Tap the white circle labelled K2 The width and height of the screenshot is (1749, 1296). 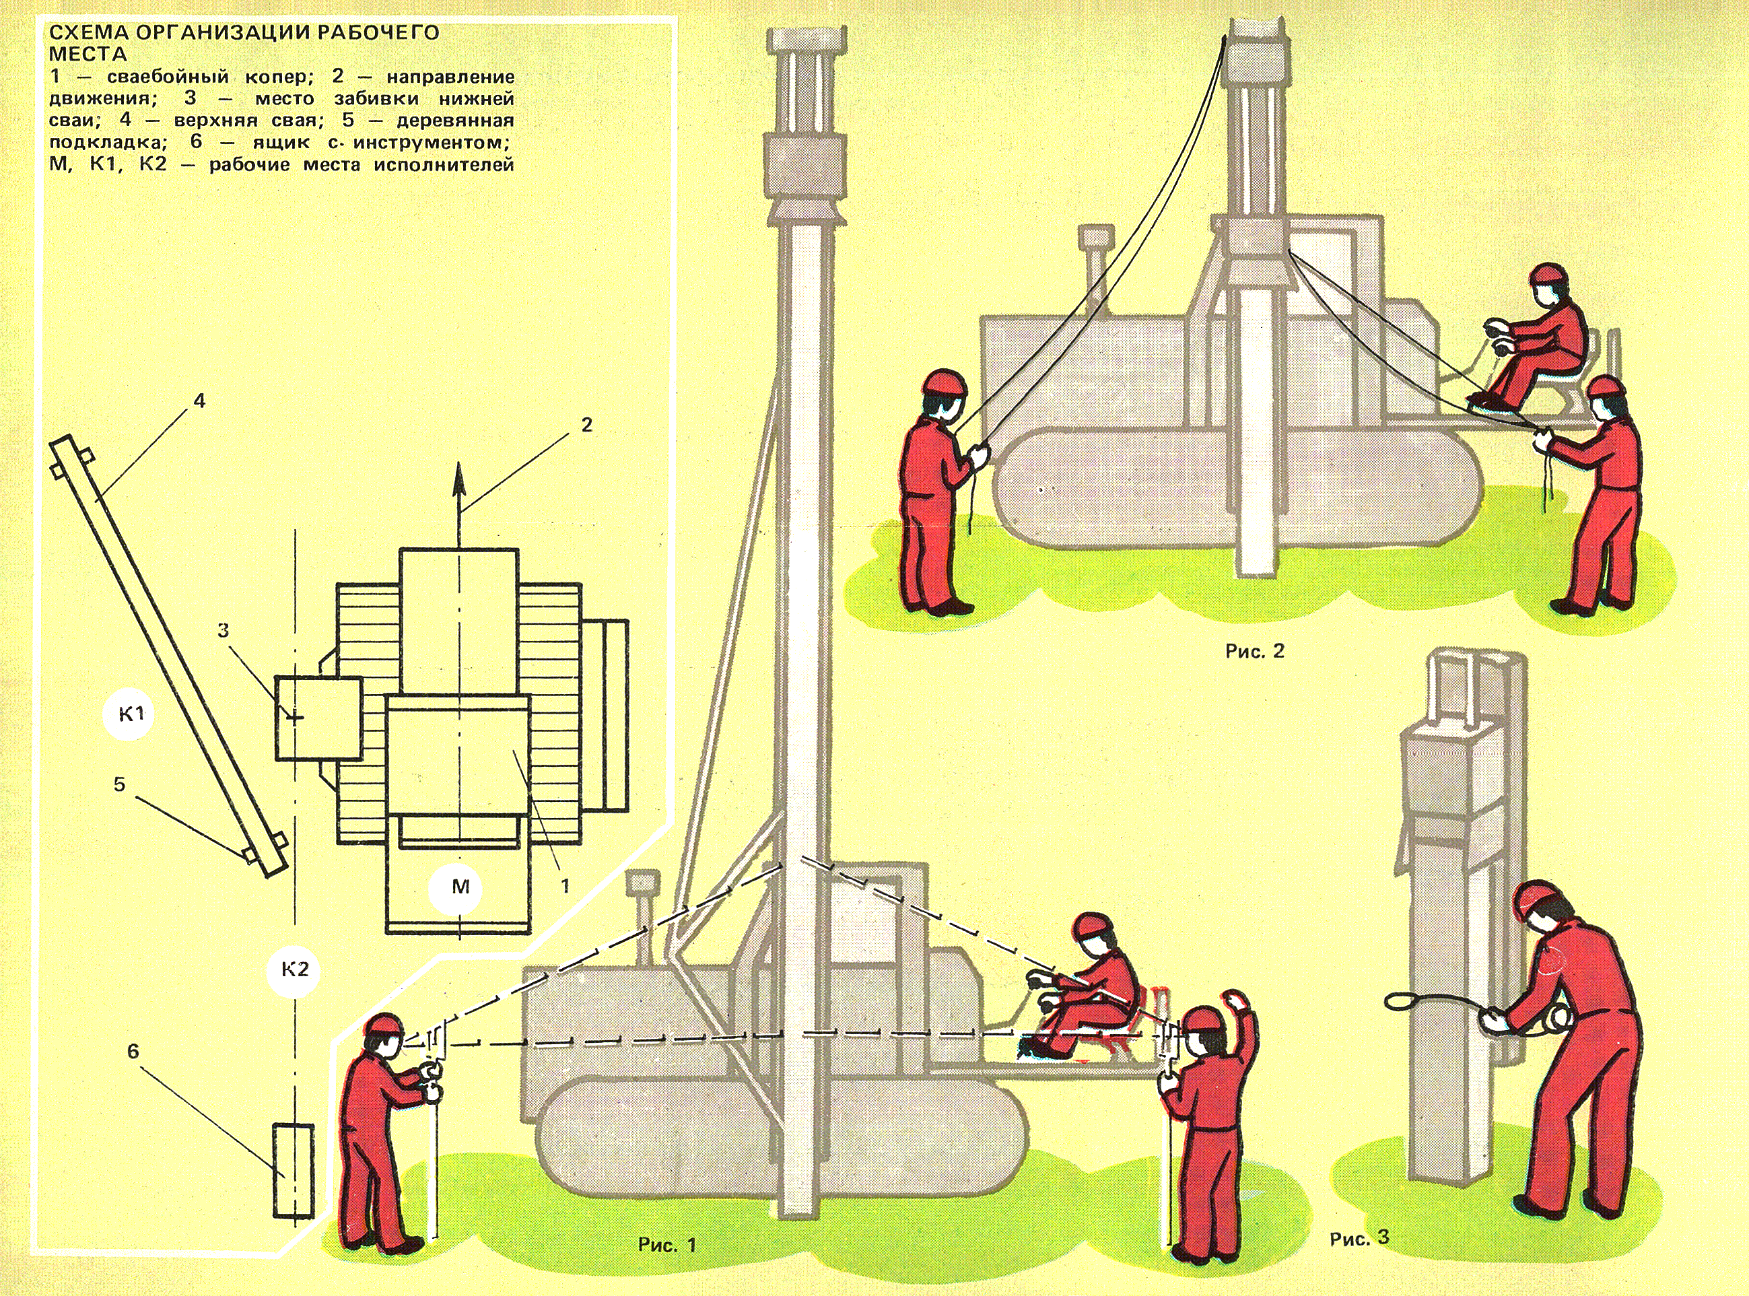pos(295,969)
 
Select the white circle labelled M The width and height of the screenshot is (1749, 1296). pos(460,887)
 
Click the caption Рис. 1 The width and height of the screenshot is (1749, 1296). pos(666,1245)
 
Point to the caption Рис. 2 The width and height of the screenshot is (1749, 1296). pos(1255,651)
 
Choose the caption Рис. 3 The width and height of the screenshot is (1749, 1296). pos(1359,1239)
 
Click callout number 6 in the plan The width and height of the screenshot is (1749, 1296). pos(133,1050)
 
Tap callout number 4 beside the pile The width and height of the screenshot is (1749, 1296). pos(199,401)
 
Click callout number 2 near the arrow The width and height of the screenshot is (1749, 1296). pos(586,425)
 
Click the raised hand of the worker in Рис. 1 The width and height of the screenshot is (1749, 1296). pos(1237,1002)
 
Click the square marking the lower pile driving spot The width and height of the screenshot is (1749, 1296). pos(318,718)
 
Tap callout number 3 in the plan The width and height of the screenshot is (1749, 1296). pos(224,630)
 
